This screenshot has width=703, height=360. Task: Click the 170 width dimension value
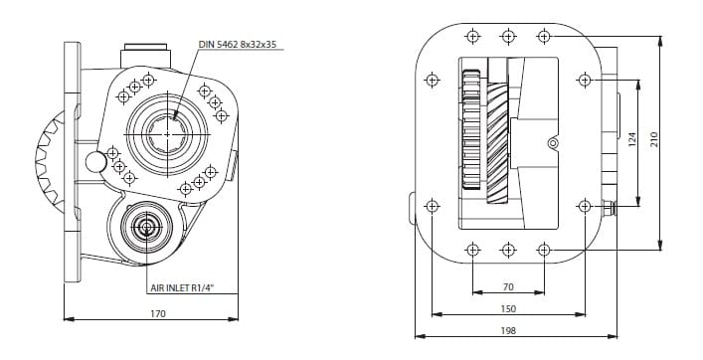coord(158,314)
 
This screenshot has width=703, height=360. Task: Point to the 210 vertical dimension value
coord(653,140)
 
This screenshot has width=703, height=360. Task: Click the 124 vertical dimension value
coord(632,140)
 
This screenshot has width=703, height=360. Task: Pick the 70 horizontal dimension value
coord(508,287)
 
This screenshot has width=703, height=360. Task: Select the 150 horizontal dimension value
coord(508,309)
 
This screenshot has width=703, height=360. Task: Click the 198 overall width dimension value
coord(508,331)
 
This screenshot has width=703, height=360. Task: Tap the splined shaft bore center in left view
coord(167,134)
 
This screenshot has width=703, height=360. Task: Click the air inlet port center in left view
coord(146,228)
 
